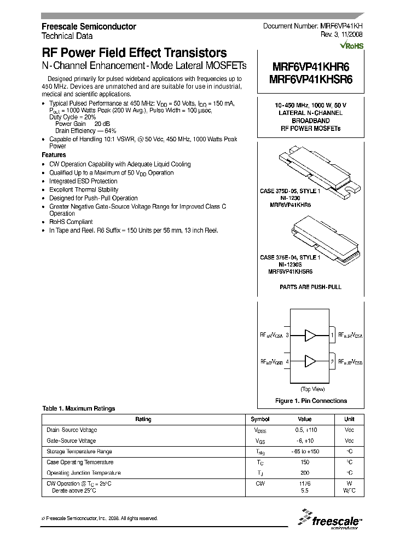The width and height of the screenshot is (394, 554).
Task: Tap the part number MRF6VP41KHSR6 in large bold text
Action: coord(311,79)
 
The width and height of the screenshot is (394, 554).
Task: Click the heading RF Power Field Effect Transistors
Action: coord(134,53)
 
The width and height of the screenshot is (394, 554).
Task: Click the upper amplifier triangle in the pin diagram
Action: coord(310,334)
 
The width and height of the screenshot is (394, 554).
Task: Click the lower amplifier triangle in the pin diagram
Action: coord(310,361)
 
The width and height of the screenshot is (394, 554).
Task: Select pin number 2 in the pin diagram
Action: coord(332,362)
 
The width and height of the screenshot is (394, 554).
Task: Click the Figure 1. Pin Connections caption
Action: coord(310,401)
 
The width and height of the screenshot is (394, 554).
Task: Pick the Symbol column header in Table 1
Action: coord(260,419)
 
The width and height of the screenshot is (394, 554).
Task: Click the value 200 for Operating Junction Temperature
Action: coord(305,472)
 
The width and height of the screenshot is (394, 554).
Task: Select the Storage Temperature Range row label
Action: coord(79,452)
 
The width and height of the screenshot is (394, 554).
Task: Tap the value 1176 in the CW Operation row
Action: coord(305,483)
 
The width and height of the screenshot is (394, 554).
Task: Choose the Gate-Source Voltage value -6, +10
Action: coord(305,441)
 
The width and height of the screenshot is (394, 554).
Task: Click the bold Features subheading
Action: coord(54,155)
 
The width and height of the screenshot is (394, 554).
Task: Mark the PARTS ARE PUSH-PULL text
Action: coord(310,286)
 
